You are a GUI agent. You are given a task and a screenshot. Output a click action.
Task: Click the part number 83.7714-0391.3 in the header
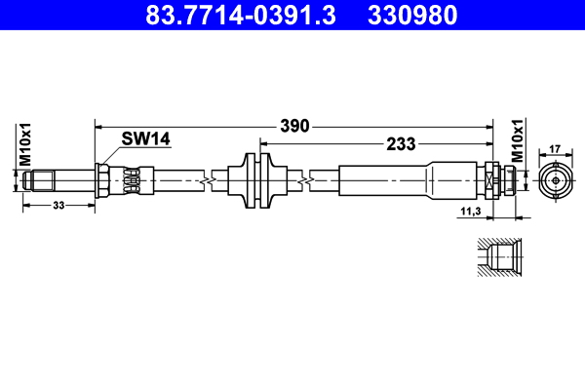pos(241,15)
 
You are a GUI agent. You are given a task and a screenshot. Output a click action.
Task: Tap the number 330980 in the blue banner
pos(412,15)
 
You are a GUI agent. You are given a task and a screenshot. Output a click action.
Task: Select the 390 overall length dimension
pos(294,126)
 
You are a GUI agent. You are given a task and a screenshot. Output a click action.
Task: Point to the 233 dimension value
pos(401,143)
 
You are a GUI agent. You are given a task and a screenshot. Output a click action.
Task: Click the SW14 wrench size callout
pos(145,138)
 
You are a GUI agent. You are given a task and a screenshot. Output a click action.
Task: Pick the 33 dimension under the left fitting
pos(58,206)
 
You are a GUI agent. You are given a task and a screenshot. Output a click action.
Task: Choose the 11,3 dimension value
pos(471,212)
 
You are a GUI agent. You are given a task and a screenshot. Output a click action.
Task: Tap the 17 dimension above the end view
pos(555,149)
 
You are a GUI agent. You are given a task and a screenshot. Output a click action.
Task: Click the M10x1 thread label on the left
pos(25,144)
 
